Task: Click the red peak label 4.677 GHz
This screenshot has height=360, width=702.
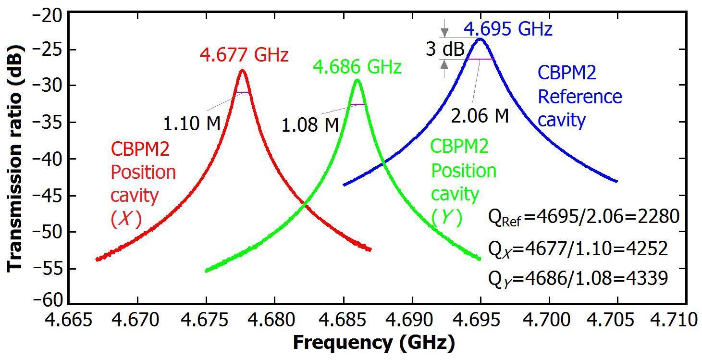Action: (x=244, y=55)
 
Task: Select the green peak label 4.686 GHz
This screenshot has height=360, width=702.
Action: (x=357, y=67)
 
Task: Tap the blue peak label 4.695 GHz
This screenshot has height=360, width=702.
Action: (x=508, y=29)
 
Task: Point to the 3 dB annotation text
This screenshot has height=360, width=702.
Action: (x=445, y=49)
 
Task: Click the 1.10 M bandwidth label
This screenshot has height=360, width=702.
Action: (x=192, y=124)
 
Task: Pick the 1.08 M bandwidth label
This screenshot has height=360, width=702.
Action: (x=310, y=125)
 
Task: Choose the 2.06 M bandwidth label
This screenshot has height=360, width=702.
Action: (x=480, y=116)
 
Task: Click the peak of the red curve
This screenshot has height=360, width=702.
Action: (x=242, y=70)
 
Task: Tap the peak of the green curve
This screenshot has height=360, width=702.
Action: (x=357, y=80)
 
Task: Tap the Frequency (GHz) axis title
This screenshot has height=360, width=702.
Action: (x=373, y=343)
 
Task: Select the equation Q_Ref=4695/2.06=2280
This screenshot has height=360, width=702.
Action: (x=583, y=217)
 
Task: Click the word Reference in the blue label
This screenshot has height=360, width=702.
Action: (x=579, y=96)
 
